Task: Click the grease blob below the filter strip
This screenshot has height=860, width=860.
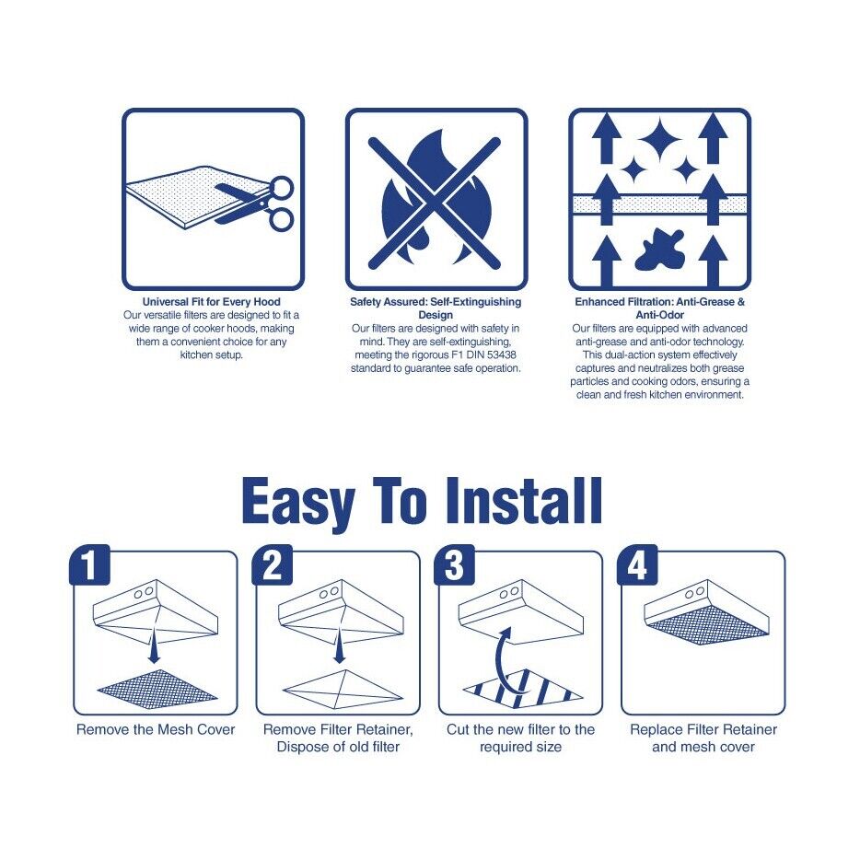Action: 660,250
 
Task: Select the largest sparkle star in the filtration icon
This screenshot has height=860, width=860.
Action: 660,139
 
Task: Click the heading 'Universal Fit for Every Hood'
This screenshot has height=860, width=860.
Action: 211,302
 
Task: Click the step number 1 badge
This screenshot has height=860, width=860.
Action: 89,565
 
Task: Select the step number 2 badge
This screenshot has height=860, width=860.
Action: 272,565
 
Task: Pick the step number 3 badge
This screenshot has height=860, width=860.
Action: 454,565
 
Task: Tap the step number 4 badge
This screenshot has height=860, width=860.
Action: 637,565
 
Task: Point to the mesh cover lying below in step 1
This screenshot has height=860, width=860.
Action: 157,686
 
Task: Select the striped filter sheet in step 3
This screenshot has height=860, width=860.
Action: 522,687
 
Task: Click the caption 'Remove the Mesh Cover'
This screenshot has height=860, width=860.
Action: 156,729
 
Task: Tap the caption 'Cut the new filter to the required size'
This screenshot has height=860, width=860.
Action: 520,738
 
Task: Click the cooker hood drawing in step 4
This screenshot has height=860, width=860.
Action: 706,611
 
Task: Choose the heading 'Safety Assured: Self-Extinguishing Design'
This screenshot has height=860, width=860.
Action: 436,308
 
